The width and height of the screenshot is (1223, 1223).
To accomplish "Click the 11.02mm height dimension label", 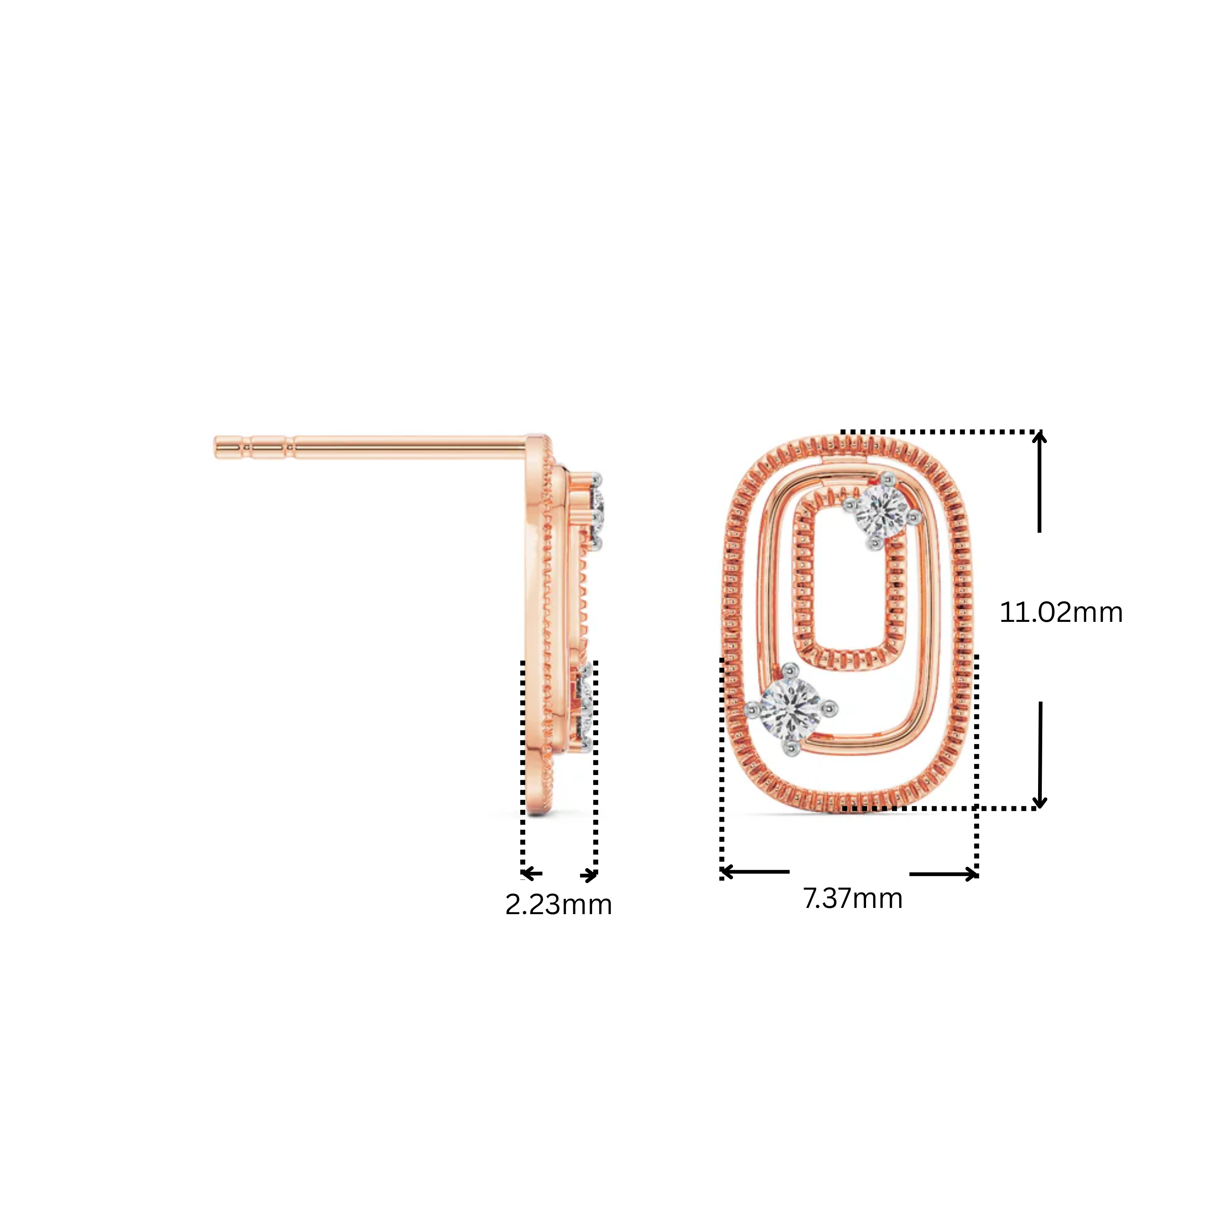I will click(1061, 612).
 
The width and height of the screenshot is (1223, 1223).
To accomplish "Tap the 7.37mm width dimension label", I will click(853, 899).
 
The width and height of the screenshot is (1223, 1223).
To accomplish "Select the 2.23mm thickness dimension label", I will click(558, 905).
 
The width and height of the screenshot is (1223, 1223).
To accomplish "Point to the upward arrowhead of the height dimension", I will click(1039, 438).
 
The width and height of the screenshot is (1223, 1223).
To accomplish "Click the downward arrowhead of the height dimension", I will click(1039, 802).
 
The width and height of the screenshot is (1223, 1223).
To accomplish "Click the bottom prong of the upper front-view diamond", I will click(876, 543).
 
